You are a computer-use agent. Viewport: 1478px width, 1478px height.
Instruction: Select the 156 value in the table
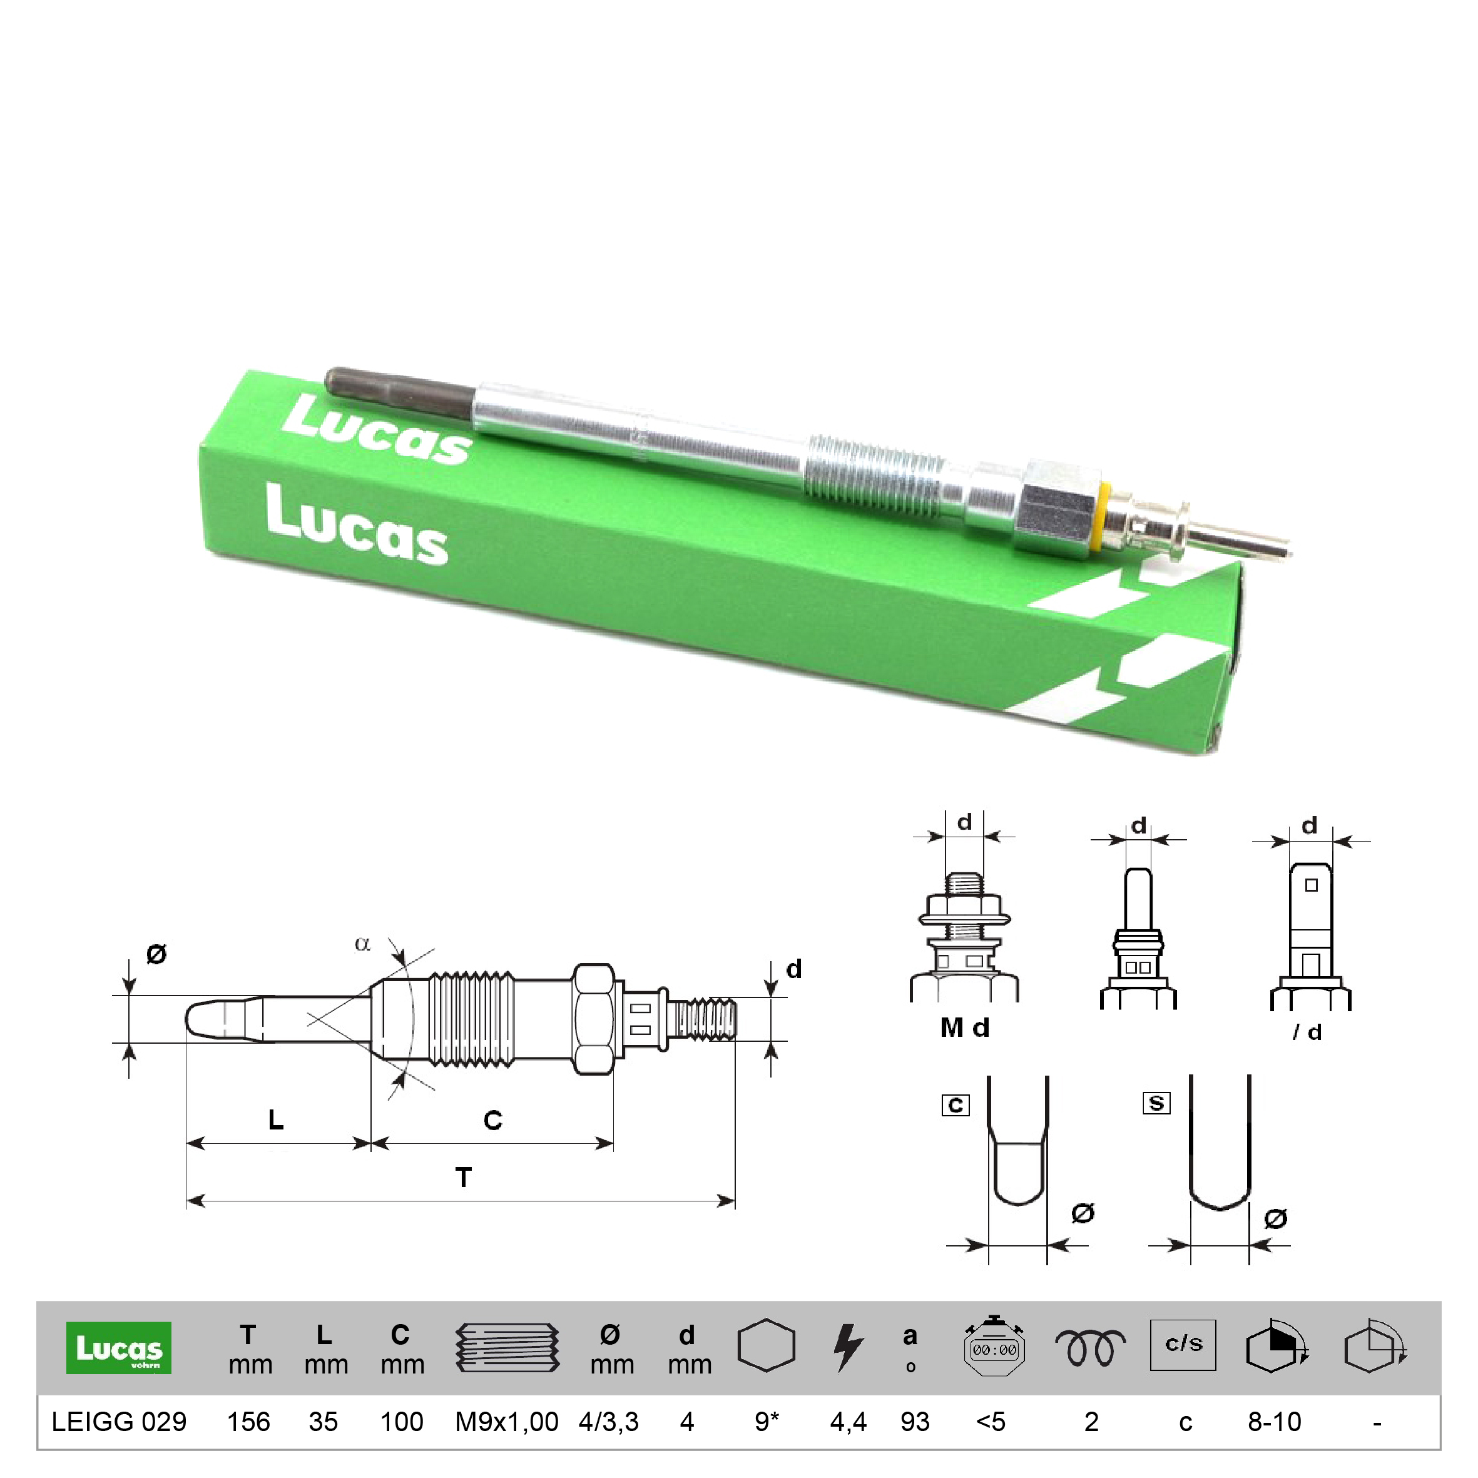(248, 1422)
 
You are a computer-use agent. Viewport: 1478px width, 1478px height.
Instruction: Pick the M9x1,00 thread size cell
(506, 1422)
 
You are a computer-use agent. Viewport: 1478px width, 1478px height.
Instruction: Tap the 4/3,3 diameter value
(608, 1422)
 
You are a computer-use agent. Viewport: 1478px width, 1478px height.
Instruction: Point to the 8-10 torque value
(1275, 1422)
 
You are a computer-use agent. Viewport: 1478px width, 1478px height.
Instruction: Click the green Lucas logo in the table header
(118, 1348)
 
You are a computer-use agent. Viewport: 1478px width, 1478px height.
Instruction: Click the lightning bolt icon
(849, 1347)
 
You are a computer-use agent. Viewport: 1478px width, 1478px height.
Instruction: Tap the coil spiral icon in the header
(1090, 1348)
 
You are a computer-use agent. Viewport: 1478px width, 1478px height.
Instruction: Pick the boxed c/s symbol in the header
(1183, 1344)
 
